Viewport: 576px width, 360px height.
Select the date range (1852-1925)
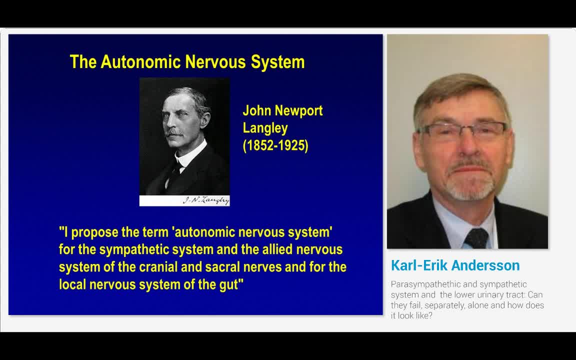point(275,145)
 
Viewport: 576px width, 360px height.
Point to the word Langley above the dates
point(265,128)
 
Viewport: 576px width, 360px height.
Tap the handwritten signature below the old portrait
point(205,200)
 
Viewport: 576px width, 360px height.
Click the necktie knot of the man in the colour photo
point(476,237)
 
